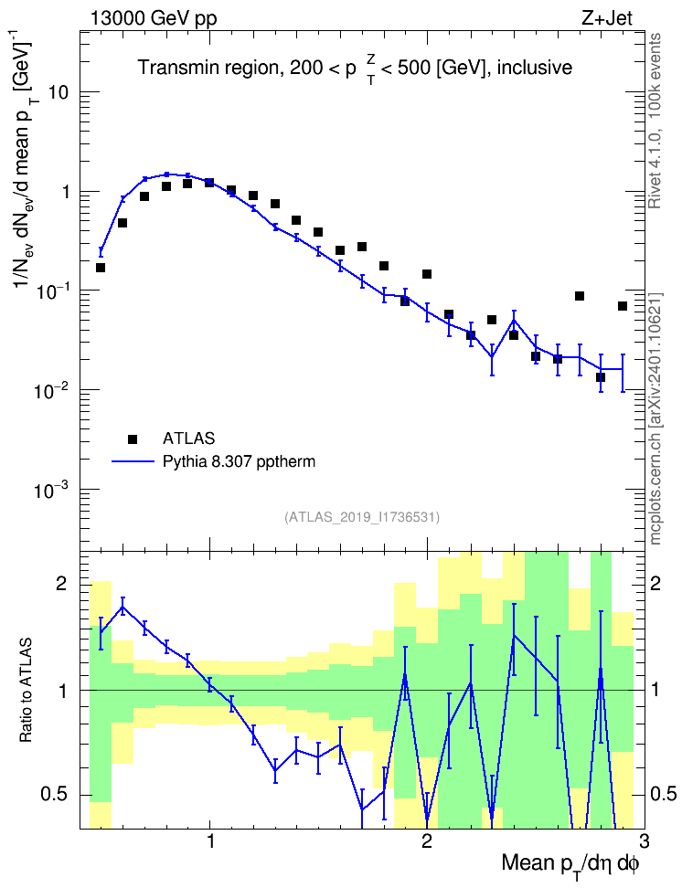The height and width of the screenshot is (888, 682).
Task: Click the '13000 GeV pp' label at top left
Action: (153, 18)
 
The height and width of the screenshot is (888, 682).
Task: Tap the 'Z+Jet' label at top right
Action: (607, 18)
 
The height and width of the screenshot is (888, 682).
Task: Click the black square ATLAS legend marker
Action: (133, 439)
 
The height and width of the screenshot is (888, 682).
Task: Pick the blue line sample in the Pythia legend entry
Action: (133, 462)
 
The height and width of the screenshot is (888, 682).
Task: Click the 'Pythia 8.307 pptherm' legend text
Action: (239, 462)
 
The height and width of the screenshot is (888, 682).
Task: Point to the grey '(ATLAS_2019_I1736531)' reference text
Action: (362, 516)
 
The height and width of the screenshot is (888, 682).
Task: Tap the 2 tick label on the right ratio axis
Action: (655, 583)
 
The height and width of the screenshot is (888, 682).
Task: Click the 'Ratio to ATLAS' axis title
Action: (25, 690)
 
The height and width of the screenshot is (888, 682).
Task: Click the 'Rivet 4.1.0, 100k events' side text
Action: (655, 121)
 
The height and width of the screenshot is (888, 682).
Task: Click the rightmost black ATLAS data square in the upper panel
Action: (623, 306)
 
